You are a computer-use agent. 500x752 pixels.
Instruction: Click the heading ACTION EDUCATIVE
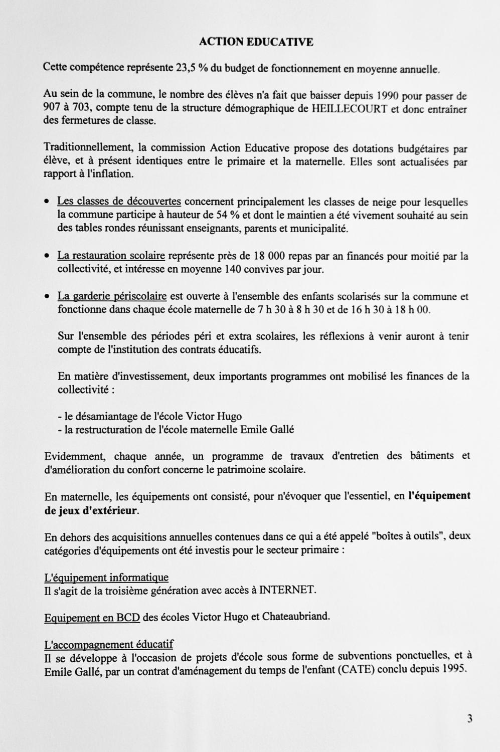[256, 42]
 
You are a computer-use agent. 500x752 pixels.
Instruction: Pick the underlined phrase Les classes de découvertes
[119, 202]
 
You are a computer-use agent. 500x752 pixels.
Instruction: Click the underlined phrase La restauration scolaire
[111, 256]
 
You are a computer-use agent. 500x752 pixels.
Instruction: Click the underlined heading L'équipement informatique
[106, 578]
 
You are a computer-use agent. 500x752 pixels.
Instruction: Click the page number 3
[469, 719]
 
